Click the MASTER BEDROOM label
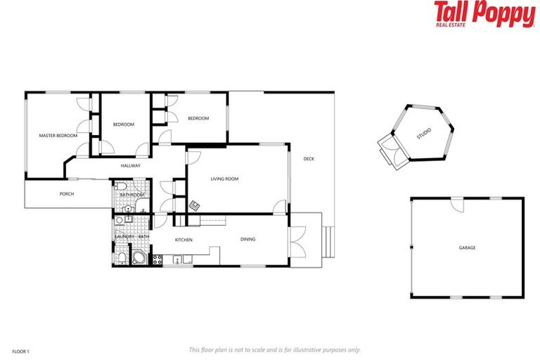tap(58, 135)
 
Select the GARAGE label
tap(468, 248)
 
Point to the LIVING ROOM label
tap(224, 179)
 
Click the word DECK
tap(309, 159)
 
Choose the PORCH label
tap(67, 194)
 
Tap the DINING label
tap(248, 239)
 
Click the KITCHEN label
tap(184, 240)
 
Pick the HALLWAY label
tap(131, 166)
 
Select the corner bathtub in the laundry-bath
tap(139, 258)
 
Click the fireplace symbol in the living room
tap(194, 206)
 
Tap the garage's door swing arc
tap(457, 205)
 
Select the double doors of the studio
tap(389, 150)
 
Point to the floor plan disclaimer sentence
tap(275, 349)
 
